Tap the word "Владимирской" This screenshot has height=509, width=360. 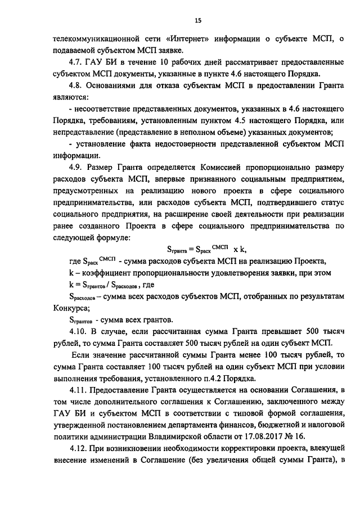[181, 436]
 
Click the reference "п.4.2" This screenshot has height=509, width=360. [213, 378]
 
